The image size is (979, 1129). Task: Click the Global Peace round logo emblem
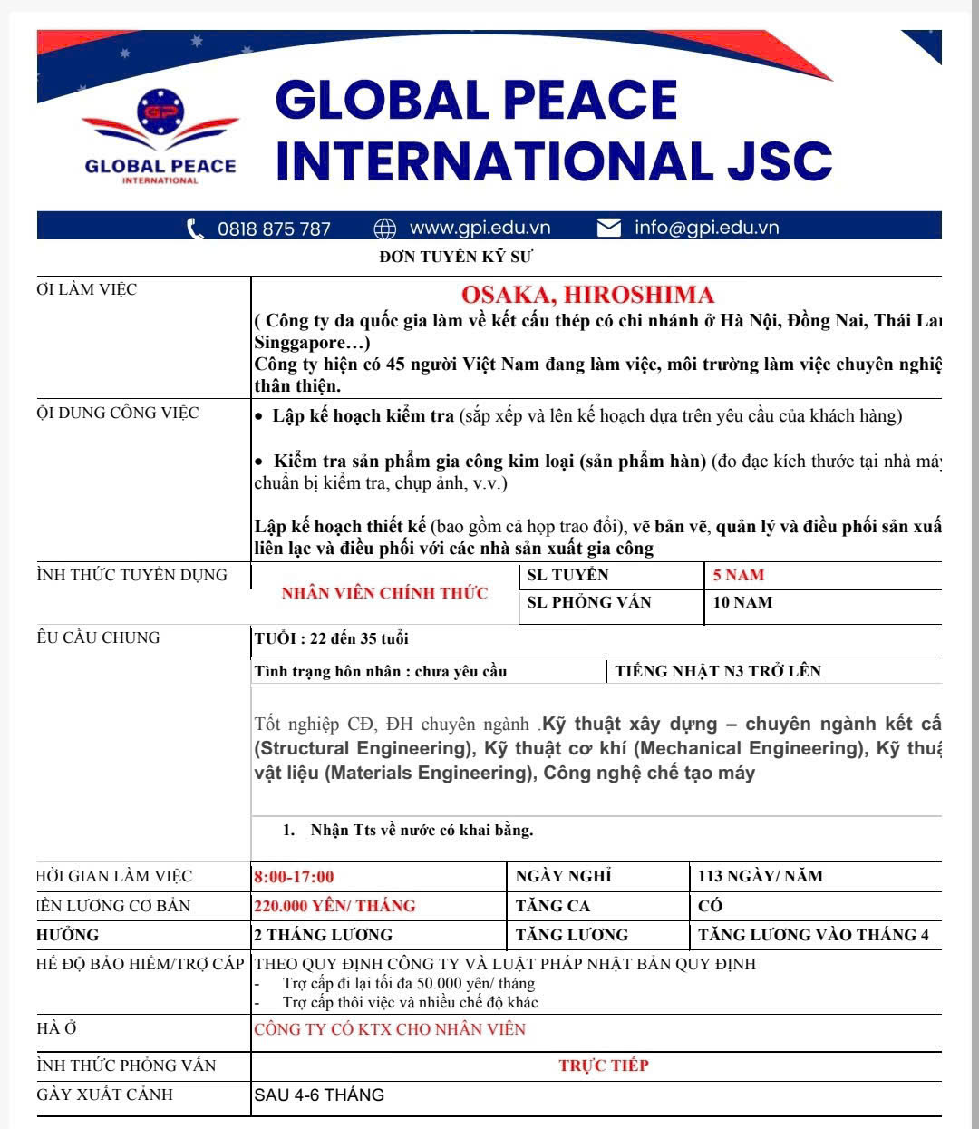160,112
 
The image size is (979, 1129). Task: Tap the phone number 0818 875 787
274,229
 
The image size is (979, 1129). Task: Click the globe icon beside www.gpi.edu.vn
385,228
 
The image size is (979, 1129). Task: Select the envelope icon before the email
609,228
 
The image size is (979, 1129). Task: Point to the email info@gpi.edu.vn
706,228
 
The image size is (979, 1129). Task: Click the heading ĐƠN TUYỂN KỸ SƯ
456,257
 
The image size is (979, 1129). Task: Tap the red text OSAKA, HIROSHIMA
587,295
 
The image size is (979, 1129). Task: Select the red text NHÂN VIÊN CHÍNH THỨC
384,593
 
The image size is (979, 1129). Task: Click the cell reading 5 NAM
738,575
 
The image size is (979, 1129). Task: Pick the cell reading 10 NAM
742,602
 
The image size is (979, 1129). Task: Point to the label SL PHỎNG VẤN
589,602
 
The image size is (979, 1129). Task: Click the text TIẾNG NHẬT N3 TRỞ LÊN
718,671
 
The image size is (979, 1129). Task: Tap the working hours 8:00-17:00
294,877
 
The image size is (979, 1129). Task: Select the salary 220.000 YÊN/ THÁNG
334,906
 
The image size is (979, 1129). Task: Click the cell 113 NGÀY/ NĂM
760,876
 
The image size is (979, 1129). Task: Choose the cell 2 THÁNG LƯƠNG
323,935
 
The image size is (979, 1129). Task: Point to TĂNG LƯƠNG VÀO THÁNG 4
813,935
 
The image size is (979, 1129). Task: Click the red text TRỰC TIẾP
604,1066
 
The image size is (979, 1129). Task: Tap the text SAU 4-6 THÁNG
319,1095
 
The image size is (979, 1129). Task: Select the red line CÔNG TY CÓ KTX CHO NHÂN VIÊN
390,1029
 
